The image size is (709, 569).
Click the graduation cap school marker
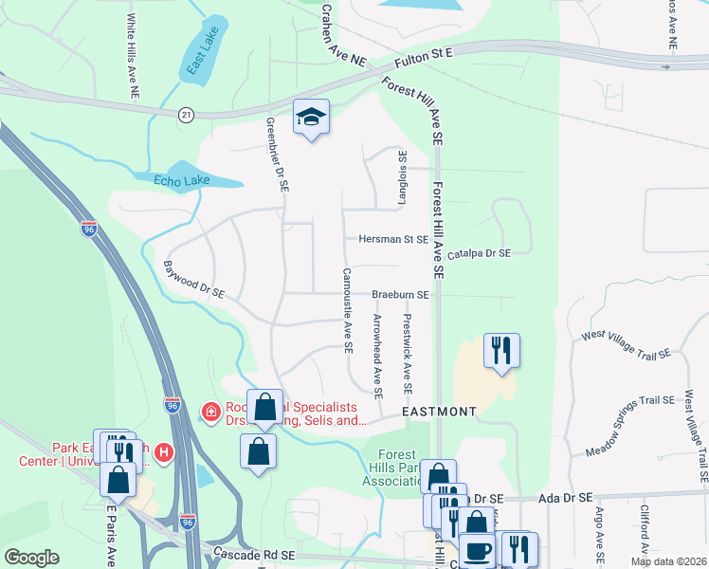pyautogui.click(x=311, y=118)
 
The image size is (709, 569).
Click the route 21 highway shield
pyautogui.click(x=186, y=115)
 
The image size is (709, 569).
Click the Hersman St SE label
pyautogui.click(x=392, y=240)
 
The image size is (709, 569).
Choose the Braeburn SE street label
pyautogui.click(x=400, y=295)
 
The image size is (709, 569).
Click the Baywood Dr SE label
pyautogui.click(x=193, y=280)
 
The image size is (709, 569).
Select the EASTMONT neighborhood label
pyautogui.click(x=438, y=412)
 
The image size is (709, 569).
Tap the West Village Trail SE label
pyautogui.click(x=626, y=343)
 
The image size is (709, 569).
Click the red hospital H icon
pyautogui.click(x=165, y=455)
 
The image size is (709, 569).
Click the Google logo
pyautogui.click(x=31, y=558)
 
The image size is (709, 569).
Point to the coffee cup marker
pyautogui.click(x=478, y=550)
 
